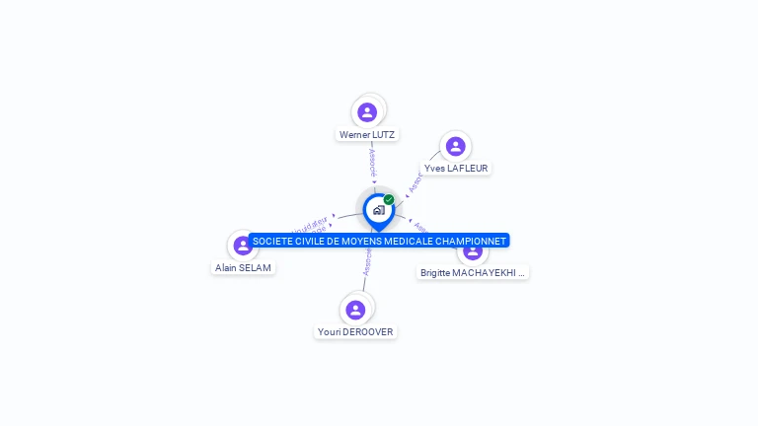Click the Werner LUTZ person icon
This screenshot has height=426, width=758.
[367, 112]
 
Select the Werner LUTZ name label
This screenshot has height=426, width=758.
[367, 135]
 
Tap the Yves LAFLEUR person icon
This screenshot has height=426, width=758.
[455, 147]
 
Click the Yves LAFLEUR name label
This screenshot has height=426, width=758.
[456, 169]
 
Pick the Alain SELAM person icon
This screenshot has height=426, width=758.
[243, 246]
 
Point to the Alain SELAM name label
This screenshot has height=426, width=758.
[244, 267]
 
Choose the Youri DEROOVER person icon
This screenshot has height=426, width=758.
[356, 310]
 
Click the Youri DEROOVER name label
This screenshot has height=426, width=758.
[356, 332]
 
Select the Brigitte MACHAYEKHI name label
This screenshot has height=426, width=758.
[473, 273]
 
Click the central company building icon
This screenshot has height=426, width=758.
[378, 210]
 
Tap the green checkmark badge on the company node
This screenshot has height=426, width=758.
[389, 199]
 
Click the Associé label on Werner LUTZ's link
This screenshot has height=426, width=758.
[371, 162]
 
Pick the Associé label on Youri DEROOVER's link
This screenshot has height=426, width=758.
[367, 260]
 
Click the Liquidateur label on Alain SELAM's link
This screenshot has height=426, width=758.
[314, 223]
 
